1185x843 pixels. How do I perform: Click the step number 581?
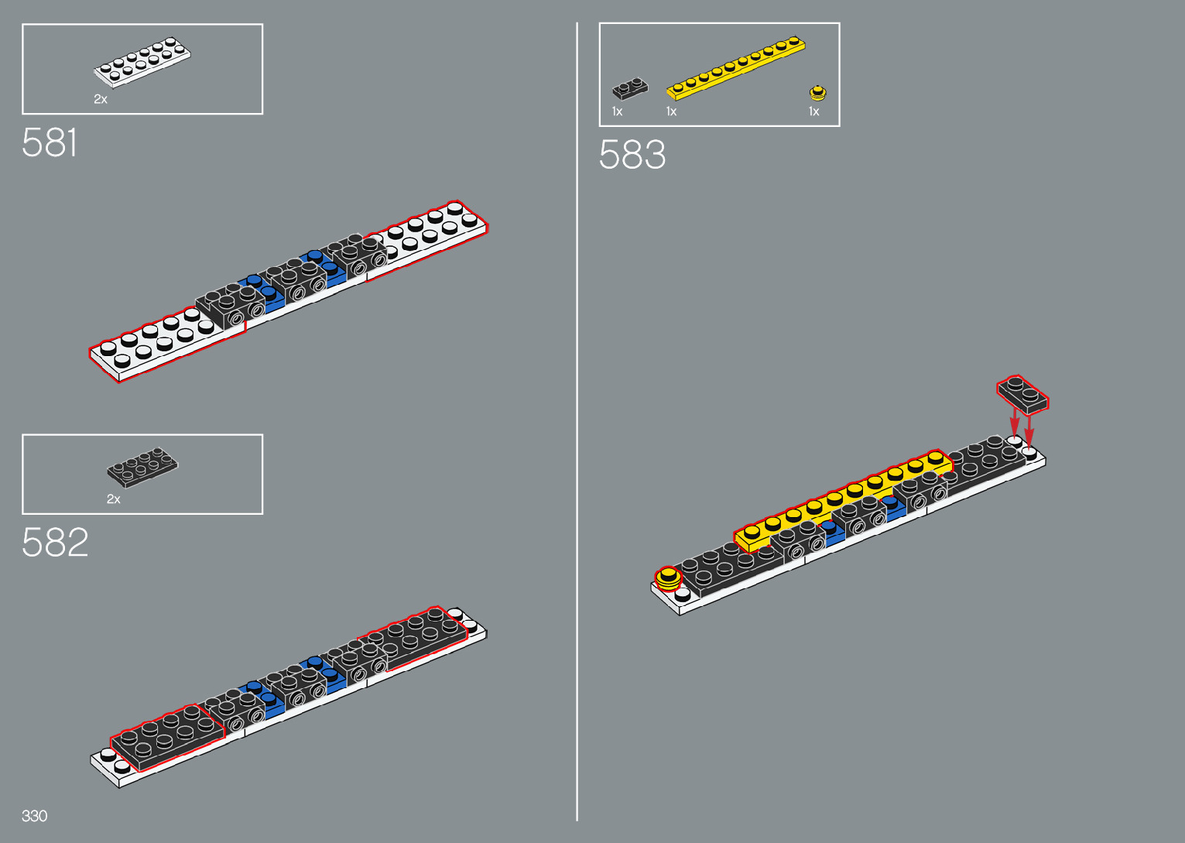click(50, 143)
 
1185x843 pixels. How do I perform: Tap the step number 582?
click(55, 543)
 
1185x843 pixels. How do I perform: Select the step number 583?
click(632, 155)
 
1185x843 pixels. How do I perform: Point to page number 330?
click(35, 816)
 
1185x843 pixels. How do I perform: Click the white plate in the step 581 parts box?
click(142, 62)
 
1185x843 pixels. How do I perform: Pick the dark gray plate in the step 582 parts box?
click(142, 467)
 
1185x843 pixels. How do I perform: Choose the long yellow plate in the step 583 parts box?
click(735, 68)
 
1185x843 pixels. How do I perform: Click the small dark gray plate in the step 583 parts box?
click(630, 89)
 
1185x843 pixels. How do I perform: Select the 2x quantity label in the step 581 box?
click(101, 99)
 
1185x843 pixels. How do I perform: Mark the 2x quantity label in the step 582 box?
click(114, 499)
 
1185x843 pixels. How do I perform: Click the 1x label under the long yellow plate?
click(672, 111)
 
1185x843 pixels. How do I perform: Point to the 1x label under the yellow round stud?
click(814, 111)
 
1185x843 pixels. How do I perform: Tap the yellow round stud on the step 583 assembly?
click(667, 577)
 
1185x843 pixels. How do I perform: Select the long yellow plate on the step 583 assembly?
click(844, 499)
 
